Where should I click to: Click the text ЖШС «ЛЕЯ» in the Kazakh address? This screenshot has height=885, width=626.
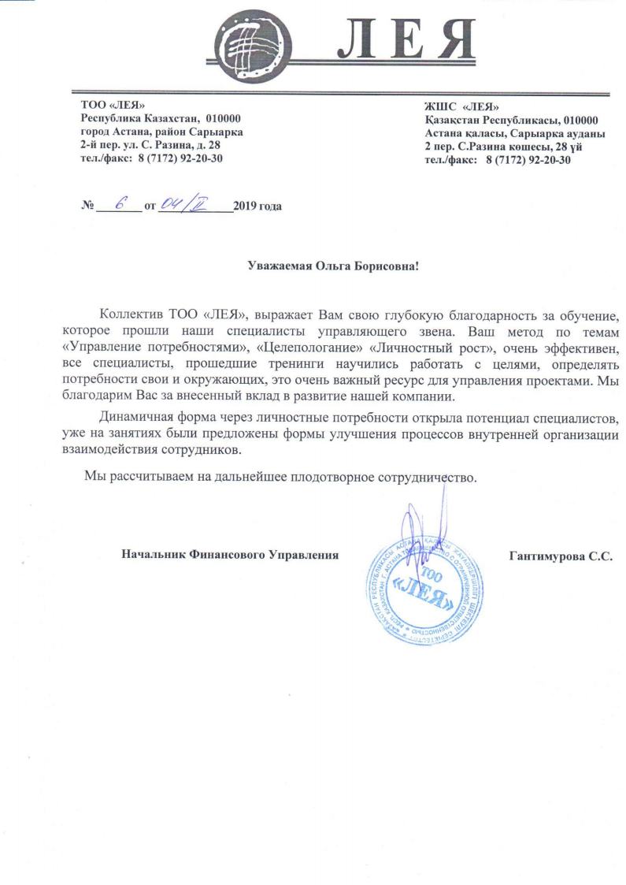461,107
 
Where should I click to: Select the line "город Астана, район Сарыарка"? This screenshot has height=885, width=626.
161,132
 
